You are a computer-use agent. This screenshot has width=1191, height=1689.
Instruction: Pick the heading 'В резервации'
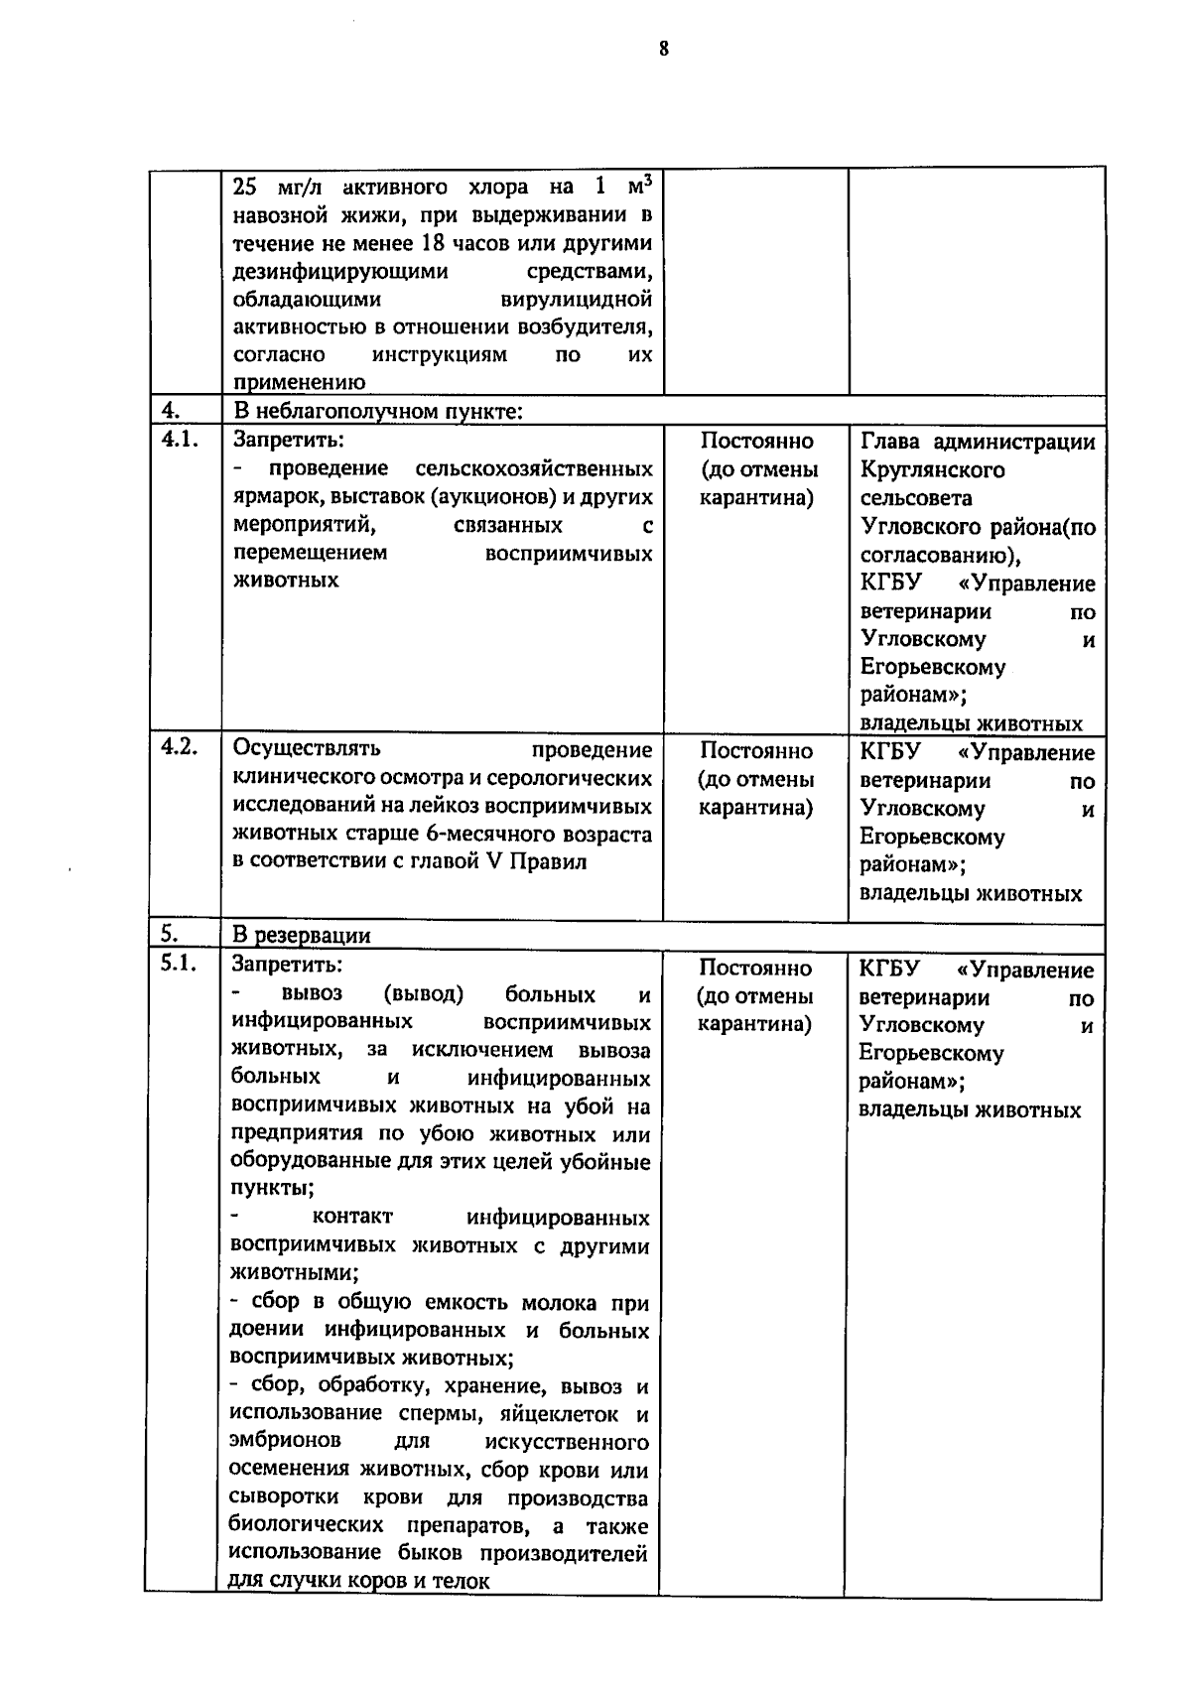point(301,935)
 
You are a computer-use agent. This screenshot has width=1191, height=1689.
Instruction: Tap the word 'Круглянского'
point(932,470)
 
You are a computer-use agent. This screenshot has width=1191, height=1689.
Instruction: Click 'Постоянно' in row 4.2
point(755,751)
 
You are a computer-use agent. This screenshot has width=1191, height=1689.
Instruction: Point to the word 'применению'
point(299,382)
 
